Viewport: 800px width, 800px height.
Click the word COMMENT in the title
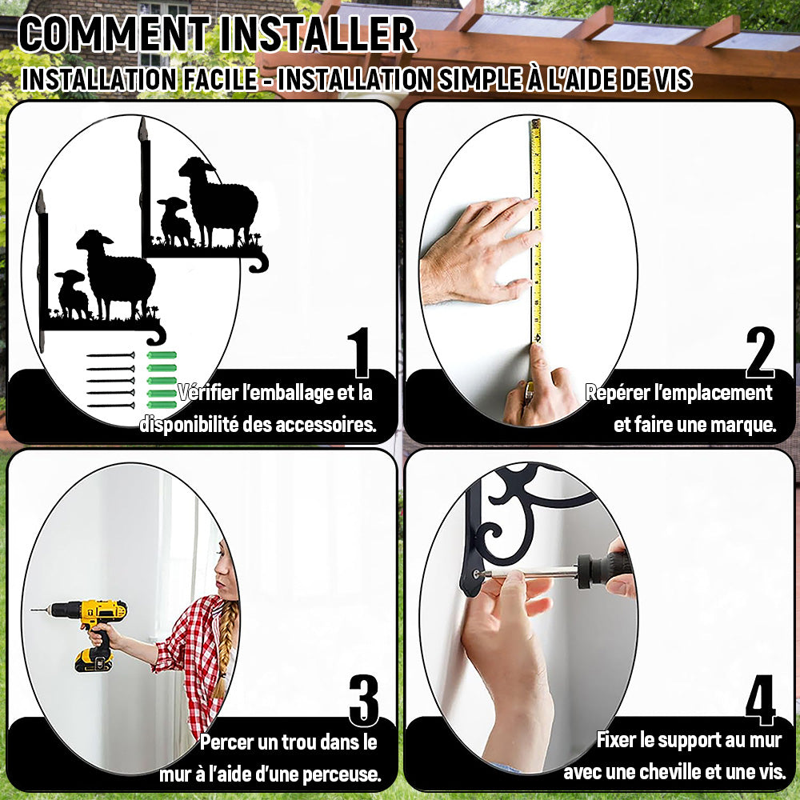[114, 34]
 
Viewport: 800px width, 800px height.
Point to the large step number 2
[760, 352]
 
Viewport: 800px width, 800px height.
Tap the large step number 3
[364, 700]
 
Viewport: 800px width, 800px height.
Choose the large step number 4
[760, 700]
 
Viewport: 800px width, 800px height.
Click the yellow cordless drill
[92, 630]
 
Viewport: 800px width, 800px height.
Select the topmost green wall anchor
[162, 355]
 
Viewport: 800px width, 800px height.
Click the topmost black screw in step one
[110, 355]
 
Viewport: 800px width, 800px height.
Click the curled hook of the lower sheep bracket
[157, 334]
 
